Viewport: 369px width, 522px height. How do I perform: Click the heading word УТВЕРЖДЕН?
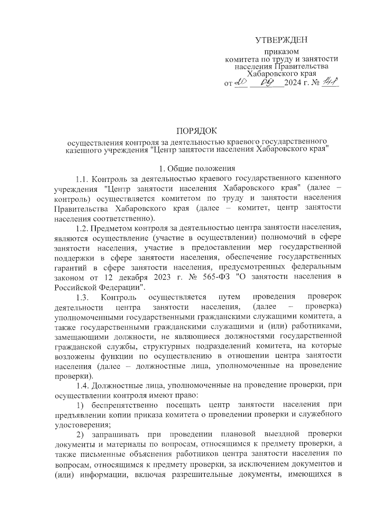point(281,40)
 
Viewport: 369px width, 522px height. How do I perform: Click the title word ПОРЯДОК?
point(196,131)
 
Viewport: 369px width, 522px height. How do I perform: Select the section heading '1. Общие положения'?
point(197,168)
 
